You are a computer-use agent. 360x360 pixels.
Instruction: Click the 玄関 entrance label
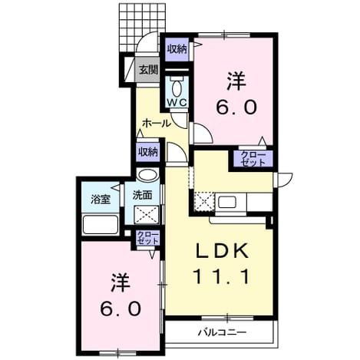click(x=148, y=70)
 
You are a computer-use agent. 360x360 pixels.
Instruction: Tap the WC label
click(x=177, y=102)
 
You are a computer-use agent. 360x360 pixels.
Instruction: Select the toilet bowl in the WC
click(x=177, y=87)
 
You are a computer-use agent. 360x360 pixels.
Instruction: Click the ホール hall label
click(x=157, y=124)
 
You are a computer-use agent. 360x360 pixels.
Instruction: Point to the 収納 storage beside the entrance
click(x=177, y=49)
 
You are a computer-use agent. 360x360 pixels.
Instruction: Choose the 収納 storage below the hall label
click(x=147, y=152)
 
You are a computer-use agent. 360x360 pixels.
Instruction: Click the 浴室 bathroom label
click(x=101, y=200)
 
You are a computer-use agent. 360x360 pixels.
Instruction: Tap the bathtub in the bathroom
click(x=101, y=224)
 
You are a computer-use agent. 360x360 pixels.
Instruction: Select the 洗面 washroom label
click(x=142, y=196)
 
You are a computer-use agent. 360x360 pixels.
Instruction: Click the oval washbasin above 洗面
click(x=147, y=176)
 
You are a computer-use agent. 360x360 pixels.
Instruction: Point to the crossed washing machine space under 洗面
click(x=147, y=215)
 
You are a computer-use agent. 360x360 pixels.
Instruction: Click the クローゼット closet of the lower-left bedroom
click(x=147, y=238)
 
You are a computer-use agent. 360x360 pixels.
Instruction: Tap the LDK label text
click(x=222, y=250)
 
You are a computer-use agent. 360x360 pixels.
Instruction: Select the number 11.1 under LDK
click(x=222, y=276)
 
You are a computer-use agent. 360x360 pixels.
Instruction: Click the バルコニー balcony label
click(x=223, y=332)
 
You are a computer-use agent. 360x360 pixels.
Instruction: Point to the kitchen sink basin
click(x=226, y=203)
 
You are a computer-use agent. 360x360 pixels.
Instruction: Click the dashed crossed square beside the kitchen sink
click(x=204, y=201)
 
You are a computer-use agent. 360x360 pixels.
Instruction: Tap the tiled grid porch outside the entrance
click(x=142, y=27)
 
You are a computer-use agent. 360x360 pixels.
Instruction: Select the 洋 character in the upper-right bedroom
click(x=236, y=81)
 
